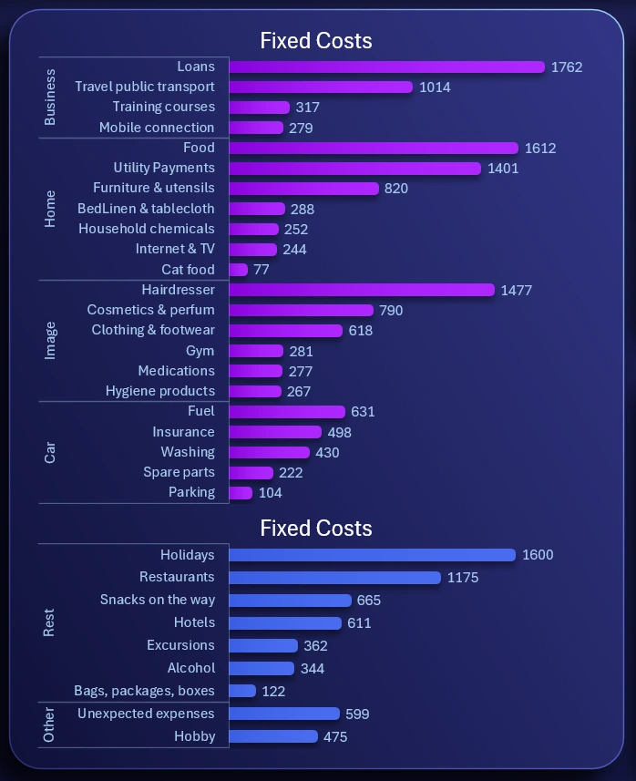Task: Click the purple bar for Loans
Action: click(386, 67)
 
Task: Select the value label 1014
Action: click(435, 87)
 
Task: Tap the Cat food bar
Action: click(238, 270)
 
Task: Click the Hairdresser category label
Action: click(178, 290)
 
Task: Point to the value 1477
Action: click(516, 291)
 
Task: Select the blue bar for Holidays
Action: click(372, 555)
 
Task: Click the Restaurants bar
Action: click(334, 578)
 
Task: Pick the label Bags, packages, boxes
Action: click(144, 691)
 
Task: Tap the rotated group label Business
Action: click(50, 98)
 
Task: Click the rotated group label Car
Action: click(50, 452)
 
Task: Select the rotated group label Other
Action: click(50, 724)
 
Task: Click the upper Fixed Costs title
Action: click(316, 41)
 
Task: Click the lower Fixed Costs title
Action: click(316, 529)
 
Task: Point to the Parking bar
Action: click(241, 493)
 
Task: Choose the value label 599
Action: click(357, 714)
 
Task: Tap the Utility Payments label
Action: click(164, 168)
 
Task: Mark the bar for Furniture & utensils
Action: click(303, 189)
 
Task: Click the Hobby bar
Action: click(273, 736)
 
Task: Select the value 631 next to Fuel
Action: click(363, 412)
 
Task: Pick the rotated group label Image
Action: click(50, 340)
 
